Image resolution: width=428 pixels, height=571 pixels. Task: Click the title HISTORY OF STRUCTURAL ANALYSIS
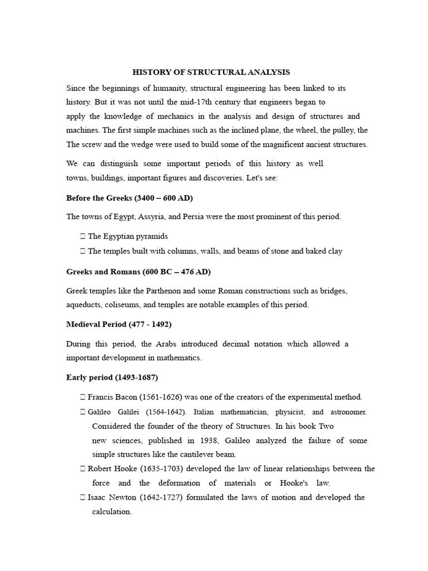click(x=211, y=72)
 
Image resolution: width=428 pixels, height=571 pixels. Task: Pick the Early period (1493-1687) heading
click(x=112, y=378)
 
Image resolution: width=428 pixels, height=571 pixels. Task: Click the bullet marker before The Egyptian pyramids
click(x=82, y=236)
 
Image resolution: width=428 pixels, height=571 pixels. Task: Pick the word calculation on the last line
click(x=111, y=511)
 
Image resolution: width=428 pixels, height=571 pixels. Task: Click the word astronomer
click(x=348, y=412)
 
